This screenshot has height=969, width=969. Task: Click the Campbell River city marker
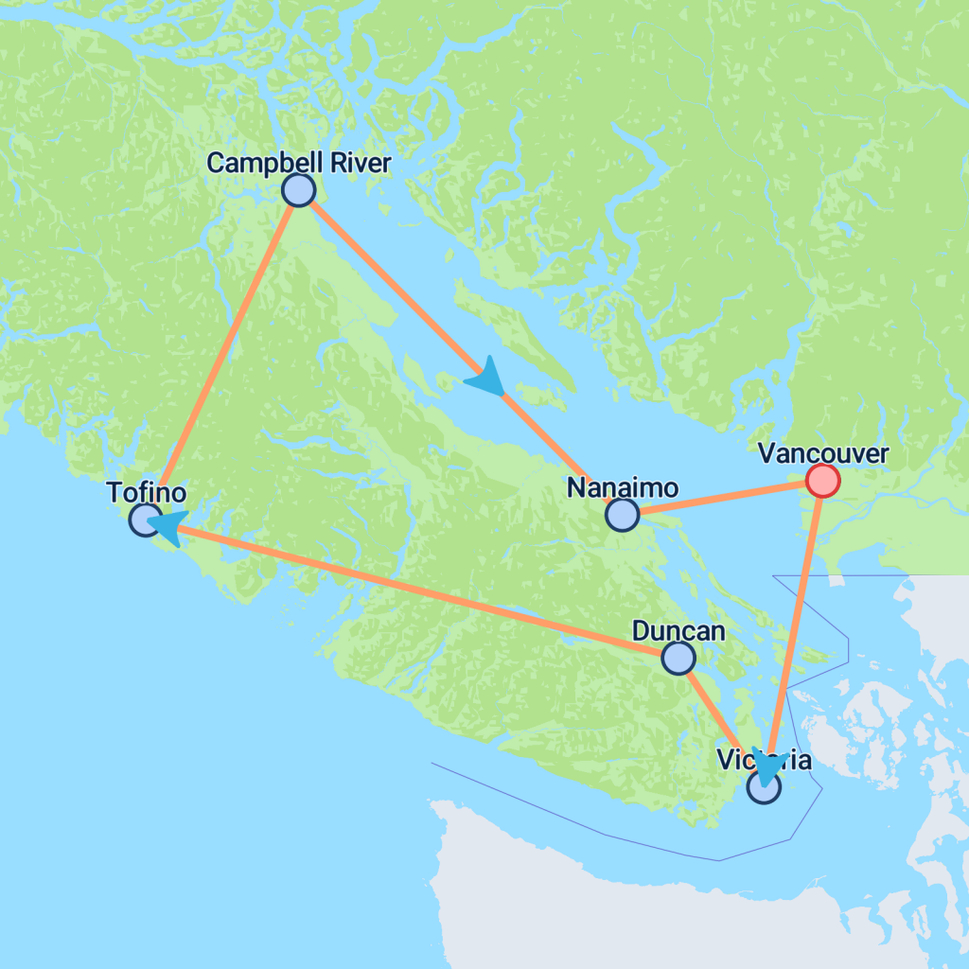tap(298, 190)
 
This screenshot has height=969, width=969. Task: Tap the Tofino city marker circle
tap(145, 519)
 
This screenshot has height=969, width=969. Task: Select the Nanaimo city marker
tap(622, 515)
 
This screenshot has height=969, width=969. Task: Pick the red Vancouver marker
tap(822, 481)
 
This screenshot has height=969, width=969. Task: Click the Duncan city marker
tap(678, 658)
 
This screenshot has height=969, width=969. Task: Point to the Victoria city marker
tap(764, 786)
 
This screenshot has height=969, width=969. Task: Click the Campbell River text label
tap(298, 163)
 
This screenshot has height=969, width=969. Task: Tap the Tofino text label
tap(146, 492)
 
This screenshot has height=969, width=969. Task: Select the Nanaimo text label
tap(622, 488)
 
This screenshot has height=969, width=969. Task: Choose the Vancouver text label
tap(823, 454)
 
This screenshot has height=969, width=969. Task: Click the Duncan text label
tap(678, 631)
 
